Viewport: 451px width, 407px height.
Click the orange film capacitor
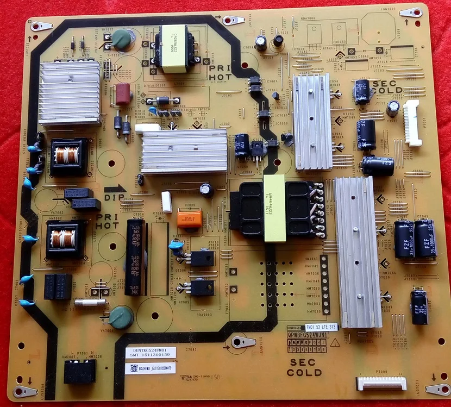click(x=190, y=219)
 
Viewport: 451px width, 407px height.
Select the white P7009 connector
click(x=381, y=383)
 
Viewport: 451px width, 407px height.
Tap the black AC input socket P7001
click(x=80, y=372)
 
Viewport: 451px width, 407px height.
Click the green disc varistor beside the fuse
click(x=121, y=317)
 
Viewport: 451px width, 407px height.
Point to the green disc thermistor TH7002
click(x=121, y=40)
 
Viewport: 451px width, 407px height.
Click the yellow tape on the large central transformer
click(x=274, y=209)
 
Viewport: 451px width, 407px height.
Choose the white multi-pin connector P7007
click(x=412, y=123)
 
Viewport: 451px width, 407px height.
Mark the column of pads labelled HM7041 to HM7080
click(x=325, y=284)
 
